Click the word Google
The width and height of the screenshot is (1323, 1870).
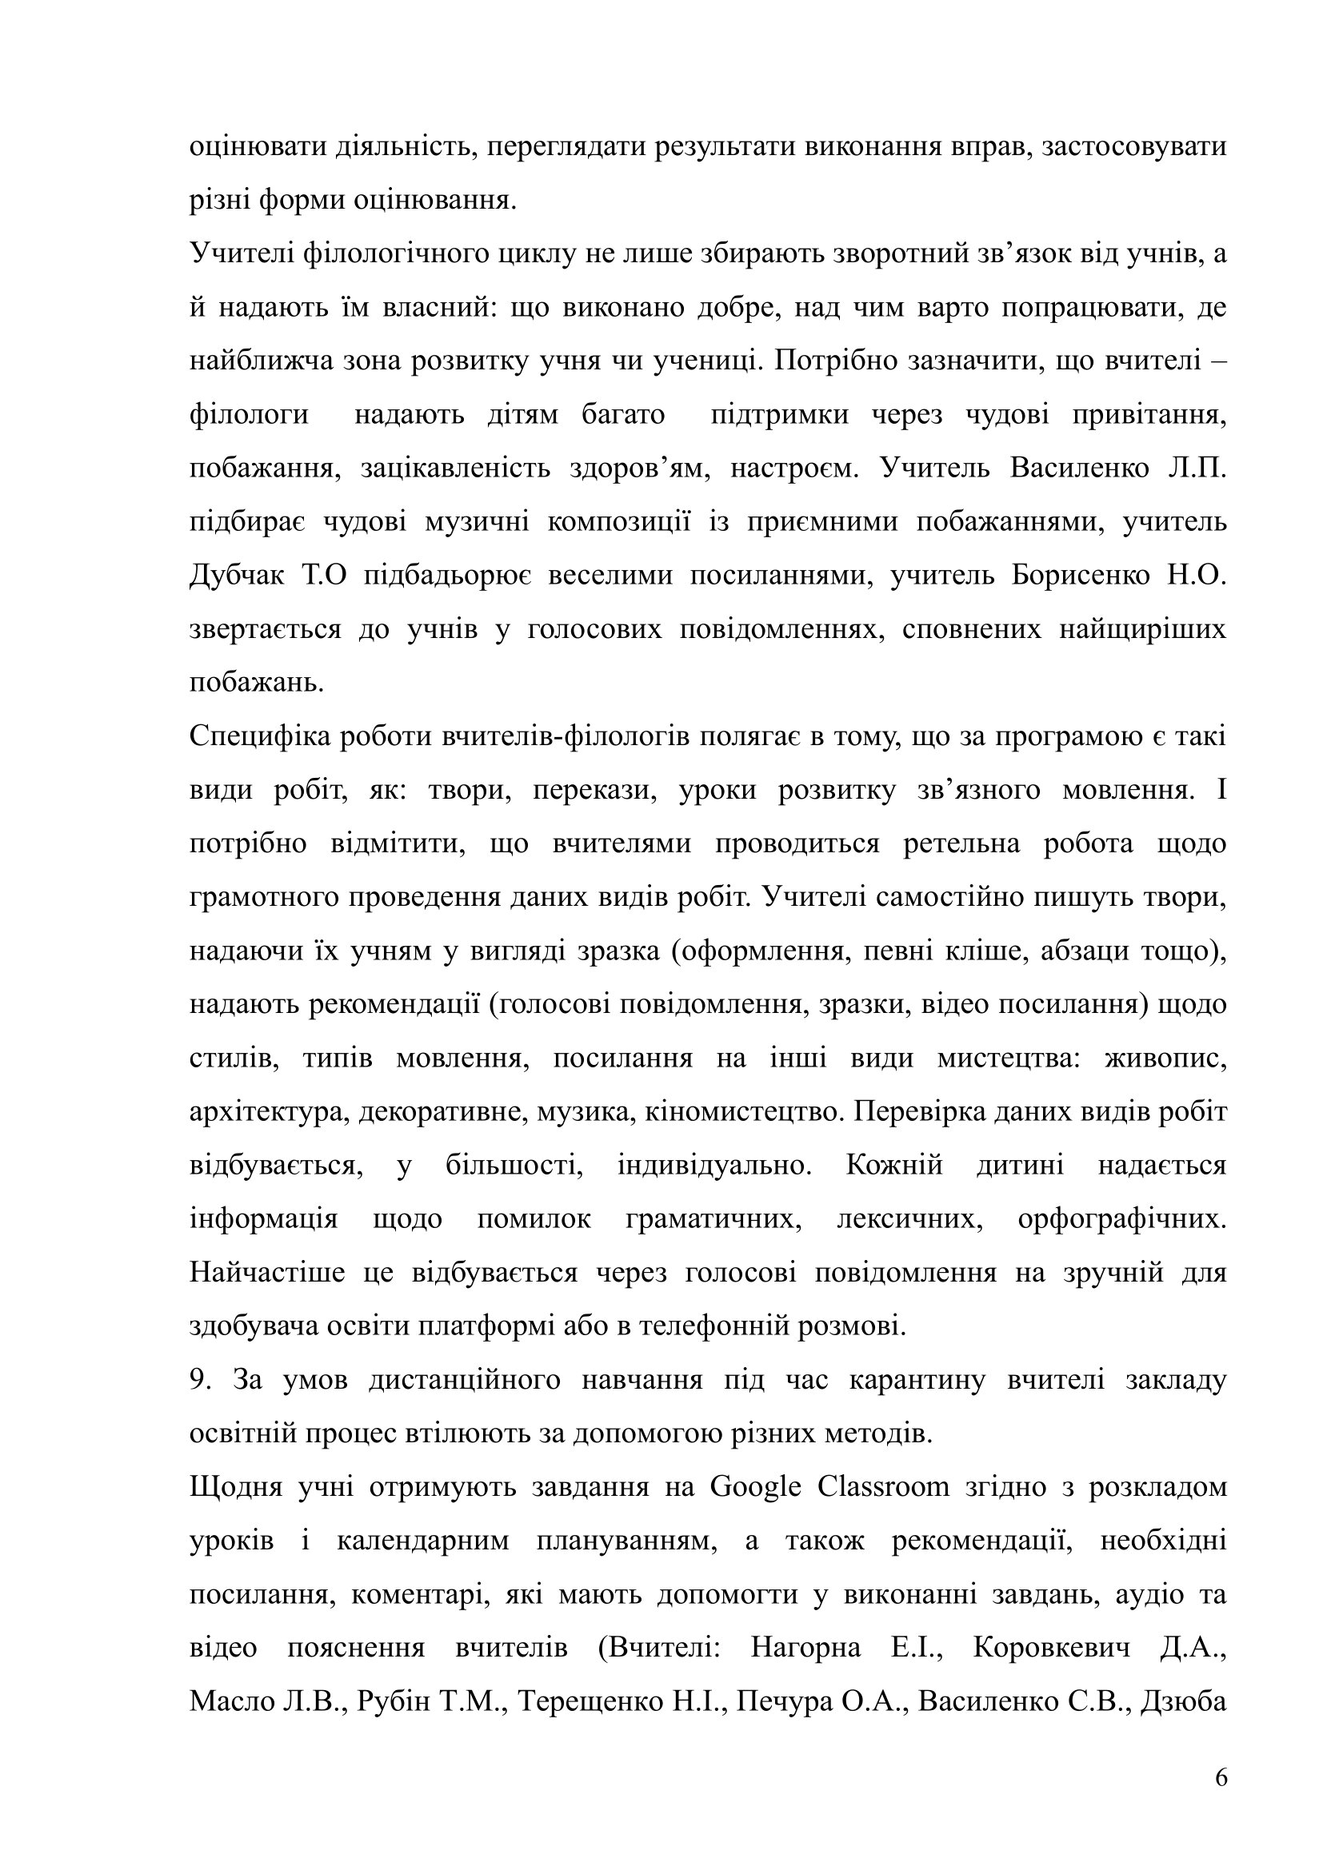point(755,1487)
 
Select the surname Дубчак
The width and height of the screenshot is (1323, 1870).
point(237,576)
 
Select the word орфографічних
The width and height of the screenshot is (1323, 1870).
point(1121,1219)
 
